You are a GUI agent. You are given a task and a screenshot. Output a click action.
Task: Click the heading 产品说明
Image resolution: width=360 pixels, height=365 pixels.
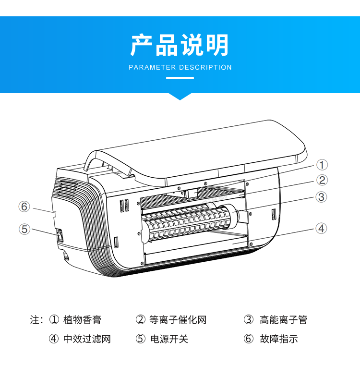pos(180,46)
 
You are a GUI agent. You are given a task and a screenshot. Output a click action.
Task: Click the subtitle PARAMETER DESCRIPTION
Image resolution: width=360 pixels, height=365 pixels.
pos(180,68)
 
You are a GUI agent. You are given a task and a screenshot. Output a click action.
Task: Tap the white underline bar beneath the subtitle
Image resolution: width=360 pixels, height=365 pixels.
pos(180,78)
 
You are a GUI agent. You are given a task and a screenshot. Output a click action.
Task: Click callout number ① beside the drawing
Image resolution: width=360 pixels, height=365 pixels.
pos(322,165)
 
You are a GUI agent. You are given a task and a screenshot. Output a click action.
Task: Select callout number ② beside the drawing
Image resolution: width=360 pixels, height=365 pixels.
pos(322,180)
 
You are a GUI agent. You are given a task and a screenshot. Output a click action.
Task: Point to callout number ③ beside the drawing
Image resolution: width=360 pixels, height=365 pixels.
pos(322,196)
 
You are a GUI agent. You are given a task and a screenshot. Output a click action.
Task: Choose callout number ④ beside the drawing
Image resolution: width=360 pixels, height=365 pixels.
pos(322,228)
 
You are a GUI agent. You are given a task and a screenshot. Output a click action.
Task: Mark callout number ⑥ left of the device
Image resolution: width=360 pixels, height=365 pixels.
pos(24,207)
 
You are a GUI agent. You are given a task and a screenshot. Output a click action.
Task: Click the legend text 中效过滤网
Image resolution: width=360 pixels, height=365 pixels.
pos(87,339)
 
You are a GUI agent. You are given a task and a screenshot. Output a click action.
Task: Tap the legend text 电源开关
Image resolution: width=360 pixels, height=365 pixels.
pos(169,339)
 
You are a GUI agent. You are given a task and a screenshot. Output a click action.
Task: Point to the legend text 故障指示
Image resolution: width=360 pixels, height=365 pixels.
pos(278,339)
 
